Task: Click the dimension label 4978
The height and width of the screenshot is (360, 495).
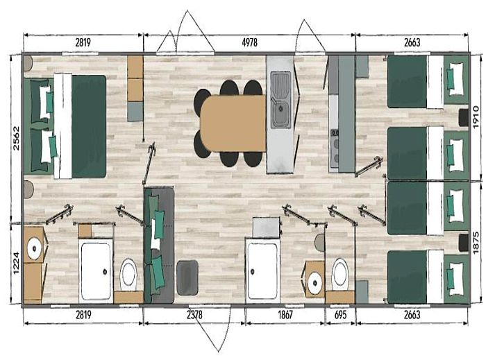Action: coord(249,42)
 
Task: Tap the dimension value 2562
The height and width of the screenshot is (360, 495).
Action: coord(16,138)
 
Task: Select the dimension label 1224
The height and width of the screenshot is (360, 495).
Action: coord(16,263)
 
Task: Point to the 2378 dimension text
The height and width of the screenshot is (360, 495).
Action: coord(194,314)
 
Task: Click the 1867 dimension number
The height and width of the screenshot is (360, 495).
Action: coord(285,314)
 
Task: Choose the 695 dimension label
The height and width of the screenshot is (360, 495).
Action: coord(340,314)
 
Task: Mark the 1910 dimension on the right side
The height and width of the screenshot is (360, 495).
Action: coord(476,117)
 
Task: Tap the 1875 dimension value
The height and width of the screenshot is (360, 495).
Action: coord(476,242)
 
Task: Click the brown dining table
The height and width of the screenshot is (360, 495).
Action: coord(233,123)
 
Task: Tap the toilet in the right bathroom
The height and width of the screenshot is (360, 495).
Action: coord(340,274)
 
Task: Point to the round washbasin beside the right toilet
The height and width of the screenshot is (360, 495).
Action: coord(315,283)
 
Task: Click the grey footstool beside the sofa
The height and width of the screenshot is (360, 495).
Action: coord(187,277)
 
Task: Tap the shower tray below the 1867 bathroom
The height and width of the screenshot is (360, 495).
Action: coord(262,271)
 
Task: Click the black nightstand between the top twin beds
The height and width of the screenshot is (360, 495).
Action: coord(464,117)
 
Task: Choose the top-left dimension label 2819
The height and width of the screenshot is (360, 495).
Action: coord(83,42)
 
